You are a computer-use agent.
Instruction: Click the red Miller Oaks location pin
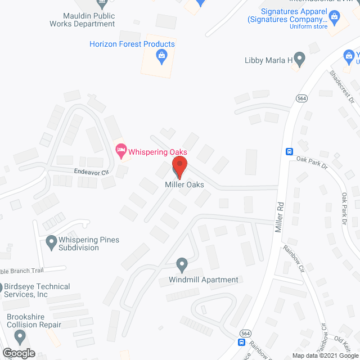179,166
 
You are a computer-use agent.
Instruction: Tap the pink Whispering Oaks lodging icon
120,150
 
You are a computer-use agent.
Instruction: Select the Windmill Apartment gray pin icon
182,264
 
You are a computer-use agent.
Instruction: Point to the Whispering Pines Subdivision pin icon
51,243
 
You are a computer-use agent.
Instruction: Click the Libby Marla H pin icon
300,58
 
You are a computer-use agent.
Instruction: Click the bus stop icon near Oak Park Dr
290,151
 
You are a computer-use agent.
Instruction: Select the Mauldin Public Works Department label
82,20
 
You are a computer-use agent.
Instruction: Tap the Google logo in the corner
18,353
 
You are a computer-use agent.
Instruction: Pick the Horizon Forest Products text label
132,44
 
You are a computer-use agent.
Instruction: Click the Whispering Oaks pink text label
157,152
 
